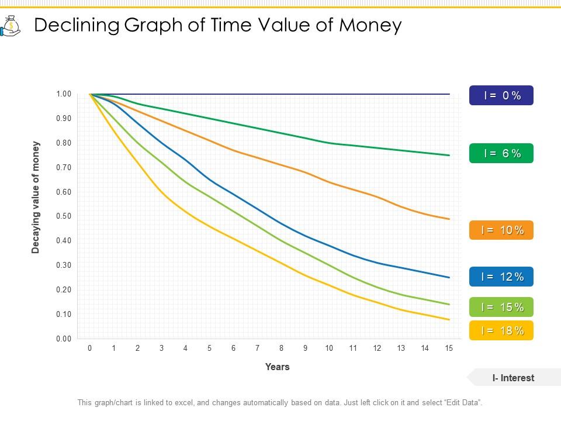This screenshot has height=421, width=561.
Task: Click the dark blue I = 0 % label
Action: click(501, 95)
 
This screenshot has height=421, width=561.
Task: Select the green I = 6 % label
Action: click(501, 153)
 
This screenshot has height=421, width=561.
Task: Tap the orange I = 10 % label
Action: click(501, 230)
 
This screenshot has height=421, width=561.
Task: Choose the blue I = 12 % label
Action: click(501, 277)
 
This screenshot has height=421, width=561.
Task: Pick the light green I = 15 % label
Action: click(501, 307)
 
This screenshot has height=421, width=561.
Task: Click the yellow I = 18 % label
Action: click(501, 330)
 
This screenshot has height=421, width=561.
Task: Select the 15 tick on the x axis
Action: click(449, 348)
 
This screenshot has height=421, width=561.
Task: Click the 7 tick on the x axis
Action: click(257, 348)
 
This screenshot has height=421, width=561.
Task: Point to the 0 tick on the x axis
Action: click(89, 348)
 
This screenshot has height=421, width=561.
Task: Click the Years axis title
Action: click(277, 367)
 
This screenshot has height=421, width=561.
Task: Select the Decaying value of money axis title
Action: click(36, 198)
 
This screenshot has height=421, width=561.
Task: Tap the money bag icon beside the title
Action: click(11, 26)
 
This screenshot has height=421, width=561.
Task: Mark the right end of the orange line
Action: click(449, 219)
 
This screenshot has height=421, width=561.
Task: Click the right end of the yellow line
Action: click(449, 319)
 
